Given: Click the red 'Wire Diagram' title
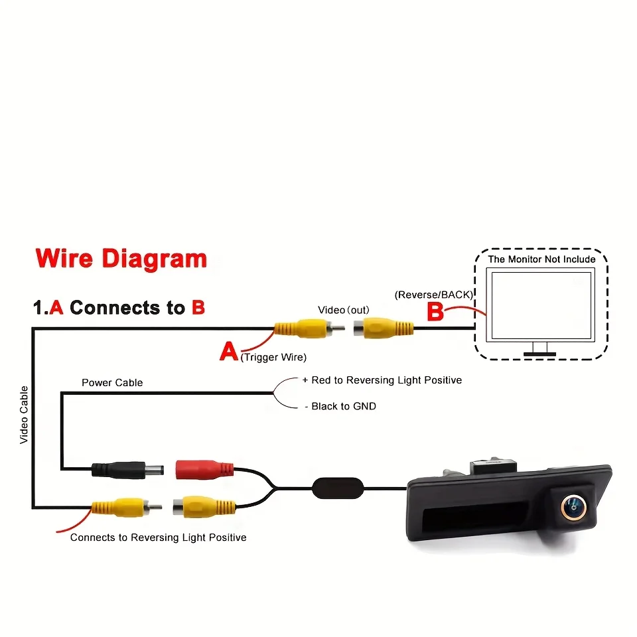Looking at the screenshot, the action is click(121, 259).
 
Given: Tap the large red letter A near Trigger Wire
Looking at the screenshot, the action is click(229, 352).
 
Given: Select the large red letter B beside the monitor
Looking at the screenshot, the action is click(435, 312).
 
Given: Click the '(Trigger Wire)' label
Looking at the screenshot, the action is click(273, 358).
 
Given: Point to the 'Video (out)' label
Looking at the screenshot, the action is click(344, 311).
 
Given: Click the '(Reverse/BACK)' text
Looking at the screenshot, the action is click(434, 295).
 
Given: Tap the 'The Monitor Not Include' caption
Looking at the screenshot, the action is click(541, 259).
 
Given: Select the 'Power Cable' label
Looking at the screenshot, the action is click(112, 383).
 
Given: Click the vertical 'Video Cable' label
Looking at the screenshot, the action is click(24, 415).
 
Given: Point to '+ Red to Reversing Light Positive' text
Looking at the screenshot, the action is click(382, 380).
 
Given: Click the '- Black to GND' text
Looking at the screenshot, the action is click(340, 406).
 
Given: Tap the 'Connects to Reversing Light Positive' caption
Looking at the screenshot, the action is click(159, 537).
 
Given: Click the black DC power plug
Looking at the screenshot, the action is click(127, 470).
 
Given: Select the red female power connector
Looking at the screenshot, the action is click(204, 470).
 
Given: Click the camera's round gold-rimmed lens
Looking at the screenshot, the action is click(573, 507).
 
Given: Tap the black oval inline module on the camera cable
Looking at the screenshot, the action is click(338, 488).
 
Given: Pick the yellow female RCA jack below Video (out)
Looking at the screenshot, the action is click(384, 328).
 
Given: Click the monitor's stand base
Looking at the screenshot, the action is click(539, 354).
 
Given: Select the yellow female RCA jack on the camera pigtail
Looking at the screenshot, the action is click(204, 507).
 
